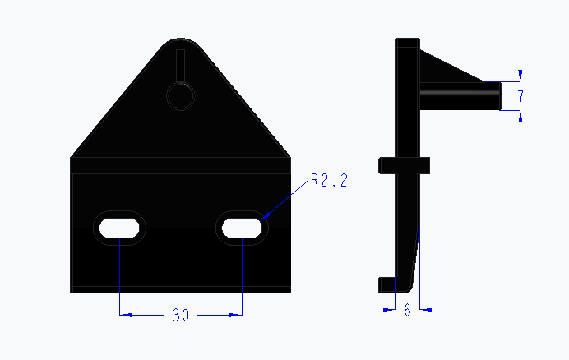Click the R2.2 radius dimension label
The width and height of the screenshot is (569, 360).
click(329, 182)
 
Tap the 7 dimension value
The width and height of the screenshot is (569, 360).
click(520, 97)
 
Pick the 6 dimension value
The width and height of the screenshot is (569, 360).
click(407, 310)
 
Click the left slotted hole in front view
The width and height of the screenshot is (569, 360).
click(120, 227)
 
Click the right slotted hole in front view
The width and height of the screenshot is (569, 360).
click(241, 227)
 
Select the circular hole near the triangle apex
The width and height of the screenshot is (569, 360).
click(180, 95)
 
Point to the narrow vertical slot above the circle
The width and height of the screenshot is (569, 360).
click(180, 65)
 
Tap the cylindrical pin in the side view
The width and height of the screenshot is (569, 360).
click(460, 96)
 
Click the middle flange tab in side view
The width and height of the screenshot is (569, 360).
click(404, 165)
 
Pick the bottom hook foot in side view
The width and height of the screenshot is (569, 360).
click(387, 284)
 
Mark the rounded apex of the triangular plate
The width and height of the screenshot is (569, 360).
click(180, 40)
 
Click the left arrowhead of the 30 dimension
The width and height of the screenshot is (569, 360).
click(124, 314)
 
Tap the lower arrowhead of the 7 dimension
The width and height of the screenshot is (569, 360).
click(520, 118)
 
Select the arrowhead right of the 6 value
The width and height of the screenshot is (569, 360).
click(425, 310)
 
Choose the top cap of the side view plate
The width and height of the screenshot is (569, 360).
click(407, 43)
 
